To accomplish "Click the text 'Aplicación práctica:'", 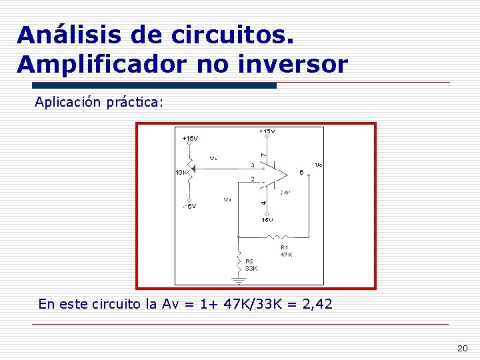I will pyautogui.click(x=99, y=103).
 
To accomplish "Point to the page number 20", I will pyautogui.click(x=463, y=349).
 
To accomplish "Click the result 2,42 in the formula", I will pyautogui.click(x=317, y=305).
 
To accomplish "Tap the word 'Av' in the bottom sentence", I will pyautogui.click(x=170, y=305).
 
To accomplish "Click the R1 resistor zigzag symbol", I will pyautogui.click(x=276, y=236).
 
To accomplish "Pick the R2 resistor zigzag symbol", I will pyautogui.click(x=238, y=256).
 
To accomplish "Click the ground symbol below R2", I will pyautogui.click(x=238, y=279).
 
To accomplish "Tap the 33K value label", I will pyautogui.click(x=251, y=268).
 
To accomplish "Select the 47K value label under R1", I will pyautogui.click(x=286, y=255).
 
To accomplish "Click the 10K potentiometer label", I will pyautogui.click(x=181, y=173).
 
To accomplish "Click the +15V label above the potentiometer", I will pyautogui.click(x=190, y=139).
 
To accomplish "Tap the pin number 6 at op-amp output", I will pyautogui.click(x=302, y=172).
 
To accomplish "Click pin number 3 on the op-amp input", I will pyautogui.click(x=252, y=165).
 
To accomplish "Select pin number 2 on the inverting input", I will pyautogui.click(x=252, y=179).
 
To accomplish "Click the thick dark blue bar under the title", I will pyautogui.click(x=154, y=85).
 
